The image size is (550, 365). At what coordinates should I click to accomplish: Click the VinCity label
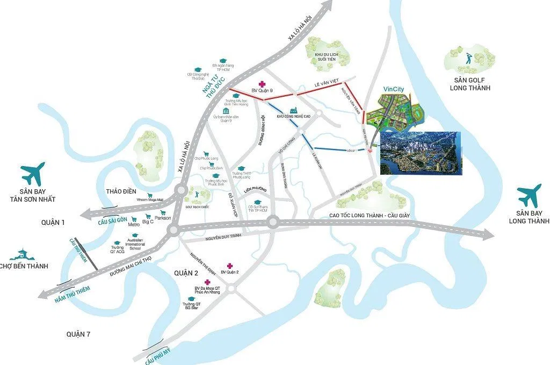pos(394,90)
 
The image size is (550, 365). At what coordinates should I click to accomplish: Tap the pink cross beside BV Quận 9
pos(262,84)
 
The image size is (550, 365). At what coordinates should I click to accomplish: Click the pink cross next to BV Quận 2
pos(230,266)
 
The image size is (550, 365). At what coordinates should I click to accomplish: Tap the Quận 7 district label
pos(78,334)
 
